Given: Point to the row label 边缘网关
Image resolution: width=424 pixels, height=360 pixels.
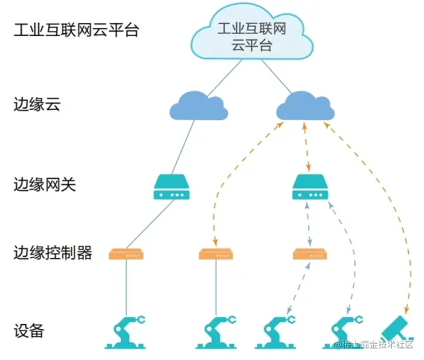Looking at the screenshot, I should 45,184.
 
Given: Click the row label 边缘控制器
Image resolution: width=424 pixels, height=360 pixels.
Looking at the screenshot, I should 53,253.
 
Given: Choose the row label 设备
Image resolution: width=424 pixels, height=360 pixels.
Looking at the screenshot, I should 29,331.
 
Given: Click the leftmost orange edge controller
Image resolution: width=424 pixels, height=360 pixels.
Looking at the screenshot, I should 126,254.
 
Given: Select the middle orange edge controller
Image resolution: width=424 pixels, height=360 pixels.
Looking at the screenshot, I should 216,254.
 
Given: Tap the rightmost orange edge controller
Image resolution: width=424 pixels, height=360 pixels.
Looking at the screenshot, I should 310,254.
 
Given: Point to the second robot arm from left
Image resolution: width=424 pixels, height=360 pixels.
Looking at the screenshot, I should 216,332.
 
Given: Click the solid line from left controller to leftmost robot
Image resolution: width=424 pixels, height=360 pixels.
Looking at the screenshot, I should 126,287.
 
